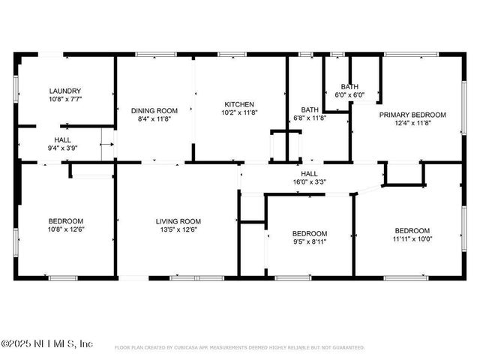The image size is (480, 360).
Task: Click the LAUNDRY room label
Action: pyautogui.click(x=65, y=90)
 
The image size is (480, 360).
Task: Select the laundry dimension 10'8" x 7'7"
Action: pyautogui.click(x=65, y=98)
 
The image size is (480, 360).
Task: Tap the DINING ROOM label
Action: pyautogui.click(x=154, y=110)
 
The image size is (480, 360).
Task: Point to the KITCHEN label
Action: pyautogui.click(x=239, y=104)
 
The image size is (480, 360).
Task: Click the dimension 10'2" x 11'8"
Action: pyautogui.click(x=239, y=112)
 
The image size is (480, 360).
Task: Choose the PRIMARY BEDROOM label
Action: pyautogui.click(x=412, y=115)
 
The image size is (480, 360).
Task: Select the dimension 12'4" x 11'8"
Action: pyautogui.click(x=412, y=123)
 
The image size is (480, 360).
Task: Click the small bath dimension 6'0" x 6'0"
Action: pyautogui.click(x=349, y=95)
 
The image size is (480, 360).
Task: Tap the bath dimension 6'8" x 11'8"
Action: pyautogui.click(x=310, y=118)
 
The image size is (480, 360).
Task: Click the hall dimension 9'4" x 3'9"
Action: pyautogui.click(x=62, y=148)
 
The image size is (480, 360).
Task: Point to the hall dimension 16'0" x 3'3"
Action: pyautogui.click(x=309, y=181)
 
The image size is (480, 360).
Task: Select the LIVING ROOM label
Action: pyautogui.click(x=178, y=220)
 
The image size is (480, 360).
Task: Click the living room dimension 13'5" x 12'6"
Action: pyautogui.click(x=178, y=229)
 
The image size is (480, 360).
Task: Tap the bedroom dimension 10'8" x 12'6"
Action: pyautogui.click(x=66, y=229)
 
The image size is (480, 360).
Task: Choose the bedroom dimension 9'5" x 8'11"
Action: pyautogui.click(x=310, y=241)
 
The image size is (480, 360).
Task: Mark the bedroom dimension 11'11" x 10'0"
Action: pyautogui.click(x=412, y=238)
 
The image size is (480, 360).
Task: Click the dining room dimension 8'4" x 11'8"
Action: pyautogui.click(x=154, y=118)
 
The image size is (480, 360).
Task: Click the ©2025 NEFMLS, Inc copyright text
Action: pyautogui.click(x=46, y=343)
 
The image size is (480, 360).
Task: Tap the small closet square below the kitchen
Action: pyautogui.click(x=286, y=145)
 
